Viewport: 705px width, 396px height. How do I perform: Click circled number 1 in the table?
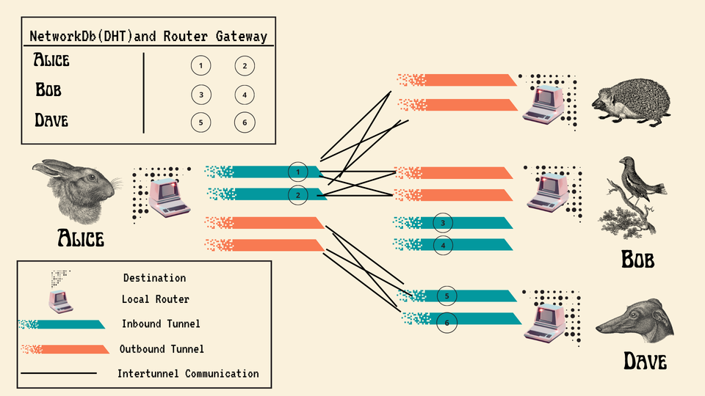tap(200, 66)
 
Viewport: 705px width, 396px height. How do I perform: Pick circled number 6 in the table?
tap(245, 122)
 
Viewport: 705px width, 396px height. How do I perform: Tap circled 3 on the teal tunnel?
tap(443, 223)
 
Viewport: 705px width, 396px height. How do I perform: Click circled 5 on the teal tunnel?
tap(446, 296)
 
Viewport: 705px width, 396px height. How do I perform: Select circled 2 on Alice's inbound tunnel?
tap(297, 194)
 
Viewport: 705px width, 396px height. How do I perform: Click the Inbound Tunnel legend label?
tap(161, 323)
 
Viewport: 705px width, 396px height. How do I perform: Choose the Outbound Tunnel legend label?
tap(162, 349)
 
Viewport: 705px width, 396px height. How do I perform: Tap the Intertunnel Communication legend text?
tap(188, 373)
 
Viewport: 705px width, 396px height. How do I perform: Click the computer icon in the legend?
tap(62, 299)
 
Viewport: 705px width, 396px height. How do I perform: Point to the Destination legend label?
tap(154, 278)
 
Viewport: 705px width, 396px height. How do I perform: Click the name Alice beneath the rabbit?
tap(81, 238)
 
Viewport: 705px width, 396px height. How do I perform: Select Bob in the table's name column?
tap(48, 90)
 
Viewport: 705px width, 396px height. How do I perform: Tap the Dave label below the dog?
tap(645, 361)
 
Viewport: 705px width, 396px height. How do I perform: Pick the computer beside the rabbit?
tap(166, 196)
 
